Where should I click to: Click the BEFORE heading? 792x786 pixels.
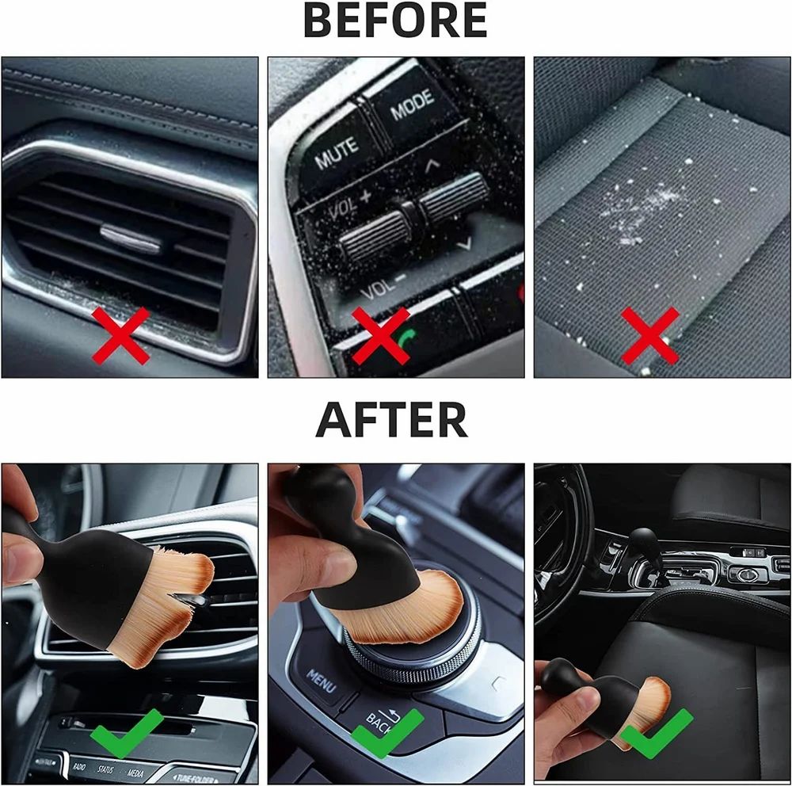[x=395, y=22]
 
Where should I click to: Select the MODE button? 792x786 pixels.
[x=412, y=105]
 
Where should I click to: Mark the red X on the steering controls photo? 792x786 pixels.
[x=380, y=336]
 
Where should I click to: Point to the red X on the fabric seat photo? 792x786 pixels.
[x=649, y=336]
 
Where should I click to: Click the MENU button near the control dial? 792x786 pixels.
[x=321, y=680]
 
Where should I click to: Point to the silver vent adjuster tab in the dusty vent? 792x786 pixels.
[x=130, y=237]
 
